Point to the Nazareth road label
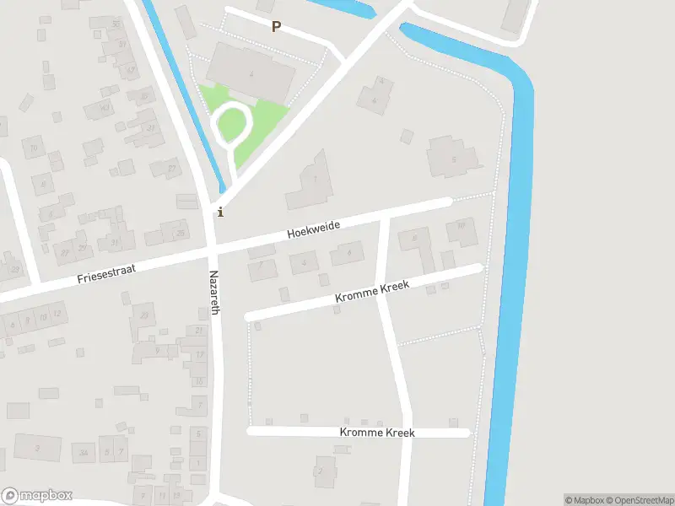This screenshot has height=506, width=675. pos(214,293)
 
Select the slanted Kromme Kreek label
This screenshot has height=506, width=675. pos(372,292)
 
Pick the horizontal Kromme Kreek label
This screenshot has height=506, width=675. pos(377,433)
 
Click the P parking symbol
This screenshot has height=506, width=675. pos(276,27)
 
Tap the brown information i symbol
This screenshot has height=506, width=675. pos(221,212)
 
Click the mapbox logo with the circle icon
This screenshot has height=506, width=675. pos(36,496)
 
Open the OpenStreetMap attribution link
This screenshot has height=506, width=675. pos(639,500)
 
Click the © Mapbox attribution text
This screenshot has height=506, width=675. pos(583,500)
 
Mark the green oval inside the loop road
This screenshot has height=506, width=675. pos(230,126)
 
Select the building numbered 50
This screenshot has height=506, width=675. pos(116,24)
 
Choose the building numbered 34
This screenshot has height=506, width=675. pos(83,455)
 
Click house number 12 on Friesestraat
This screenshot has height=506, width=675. pos(57,315)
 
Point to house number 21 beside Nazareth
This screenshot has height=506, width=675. pos(199,330)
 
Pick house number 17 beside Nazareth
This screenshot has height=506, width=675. pos(199,355)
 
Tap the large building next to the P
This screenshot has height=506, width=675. pos(251,72)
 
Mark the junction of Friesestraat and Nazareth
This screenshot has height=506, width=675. pos(213,250)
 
